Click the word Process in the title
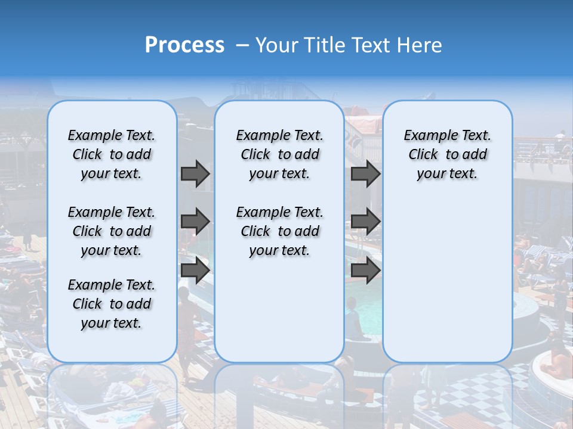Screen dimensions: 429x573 click(184, 45)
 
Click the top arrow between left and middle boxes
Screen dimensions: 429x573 click(195, 173)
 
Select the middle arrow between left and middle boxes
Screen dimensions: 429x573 click(195, 222)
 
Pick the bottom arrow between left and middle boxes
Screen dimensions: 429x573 click(195, 271)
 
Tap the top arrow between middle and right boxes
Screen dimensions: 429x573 click(365, 173)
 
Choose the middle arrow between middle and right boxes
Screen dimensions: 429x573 click(365, 222)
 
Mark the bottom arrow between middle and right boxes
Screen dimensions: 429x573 click(365, 271)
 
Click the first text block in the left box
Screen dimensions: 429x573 click(112, 154)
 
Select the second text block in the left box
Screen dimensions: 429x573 click(112, 231)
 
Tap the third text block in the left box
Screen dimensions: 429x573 click(112, 304)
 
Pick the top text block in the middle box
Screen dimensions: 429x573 click(279, 154)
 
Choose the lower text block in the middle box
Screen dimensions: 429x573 click(279, 231)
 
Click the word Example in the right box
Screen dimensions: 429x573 click(427, 136)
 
